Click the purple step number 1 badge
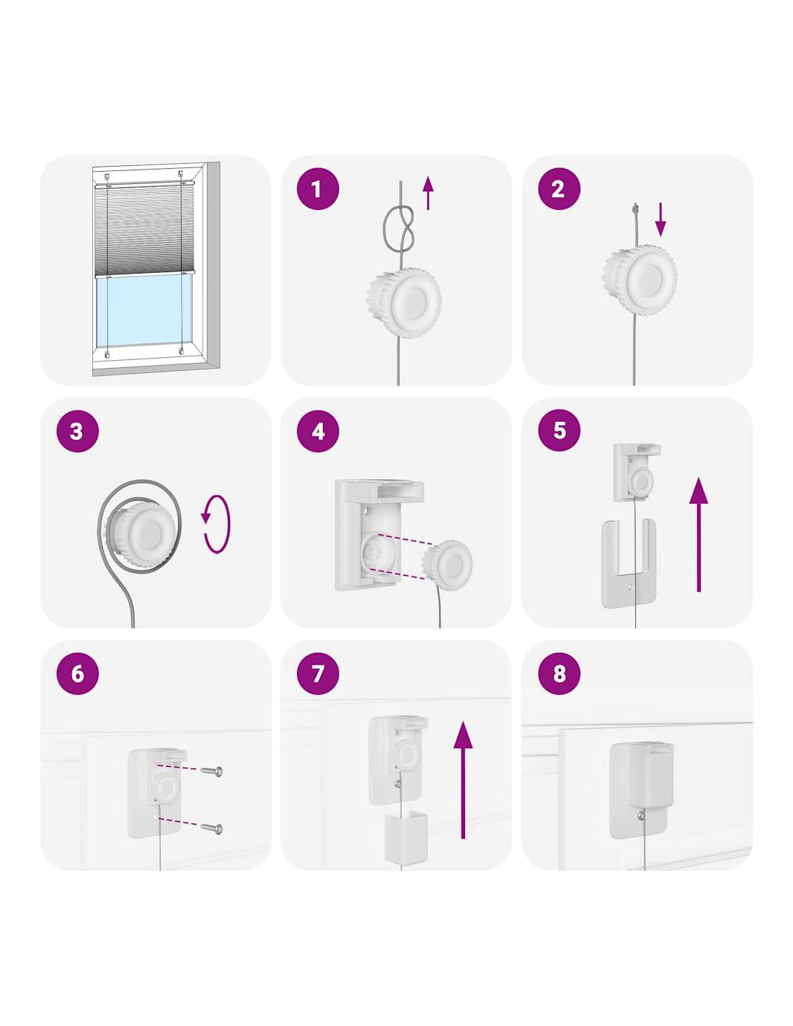click(317, 189)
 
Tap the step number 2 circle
click(559, 189)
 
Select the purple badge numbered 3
click(77, 431)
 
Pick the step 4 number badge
click(317, 431)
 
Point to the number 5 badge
click(559, 430)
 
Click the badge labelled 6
click(77, 673)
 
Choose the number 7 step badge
click(317, 673)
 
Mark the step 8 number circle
click(559, 673)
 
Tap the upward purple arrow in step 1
click(427, 193)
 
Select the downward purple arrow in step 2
click(660, 219)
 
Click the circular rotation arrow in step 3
click(216, 524)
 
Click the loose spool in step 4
click(447, 564)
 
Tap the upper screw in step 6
click(211, 771)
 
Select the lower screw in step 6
click(211, 828)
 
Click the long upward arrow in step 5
click(699, 534)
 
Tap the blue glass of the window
click(143, 312)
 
